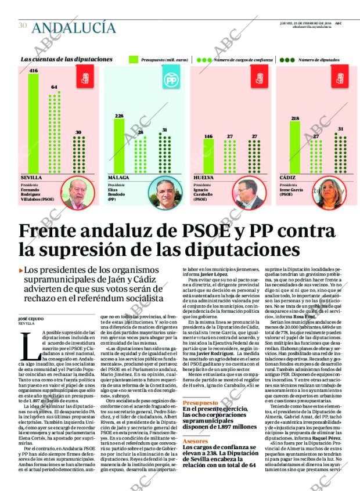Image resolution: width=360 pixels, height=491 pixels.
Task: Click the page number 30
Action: click(x=23, y=26)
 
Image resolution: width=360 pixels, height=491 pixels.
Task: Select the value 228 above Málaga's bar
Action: click(x=120, y=116)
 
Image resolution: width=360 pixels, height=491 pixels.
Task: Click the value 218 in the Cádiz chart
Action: click(x=295, y=118)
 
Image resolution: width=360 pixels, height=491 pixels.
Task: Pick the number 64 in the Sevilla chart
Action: click(x=55, y=86)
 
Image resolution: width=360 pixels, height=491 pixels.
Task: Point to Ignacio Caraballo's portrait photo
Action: click(x=249, y=194)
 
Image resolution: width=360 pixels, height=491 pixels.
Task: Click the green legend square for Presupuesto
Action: click(x=132, y=59)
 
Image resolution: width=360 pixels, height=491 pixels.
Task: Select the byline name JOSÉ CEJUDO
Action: click(x=31, y=318)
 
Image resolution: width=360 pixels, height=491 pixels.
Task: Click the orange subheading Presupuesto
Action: click(x=200, y=387)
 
